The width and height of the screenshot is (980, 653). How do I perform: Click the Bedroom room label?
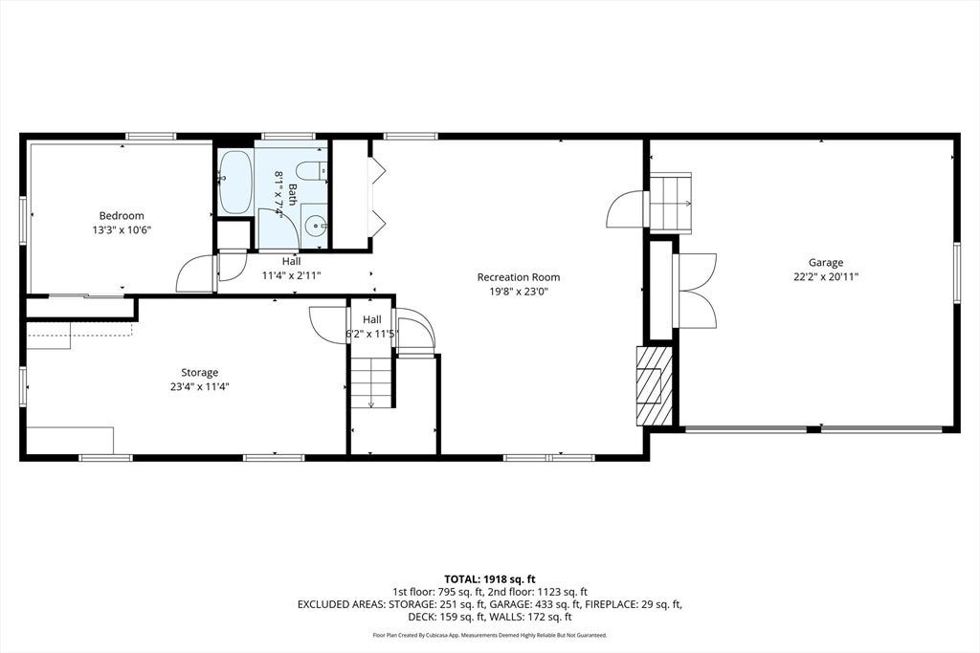point(122,216)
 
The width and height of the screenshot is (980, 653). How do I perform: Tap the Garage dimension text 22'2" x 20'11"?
point(826,276)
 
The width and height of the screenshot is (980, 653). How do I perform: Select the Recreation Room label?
point(519,277)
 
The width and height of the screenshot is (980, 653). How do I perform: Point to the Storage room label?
point(200,373)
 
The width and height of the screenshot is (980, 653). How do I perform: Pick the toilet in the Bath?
point(311,170)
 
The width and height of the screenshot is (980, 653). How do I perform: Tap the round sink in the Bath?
point(318,223)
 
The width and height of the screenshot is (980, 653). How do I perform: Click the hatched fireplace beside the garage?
point(655,386)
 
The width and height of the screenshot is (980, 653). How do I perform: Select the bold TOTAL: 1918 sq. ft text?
point(490,579)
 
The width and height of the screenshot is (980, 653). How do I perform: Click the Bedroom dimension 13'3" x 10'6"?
point(122,229)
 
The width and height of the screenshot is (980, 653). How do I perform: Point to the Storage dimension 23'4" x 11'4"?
point(200,386)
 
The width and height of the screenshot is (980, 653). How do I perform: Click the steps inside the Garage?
point(671,203)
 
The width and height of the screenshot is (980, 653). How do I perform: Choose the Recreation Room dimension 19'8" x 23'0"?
point(519,291)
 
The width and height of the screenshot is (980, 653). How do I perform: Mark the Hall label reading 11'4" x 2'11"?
point(291,274)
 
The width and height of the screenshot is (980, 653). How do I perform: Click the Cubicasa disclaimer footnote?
point(490,635)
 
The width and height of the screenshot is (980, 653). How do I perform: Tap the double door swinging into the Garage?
point(696,291)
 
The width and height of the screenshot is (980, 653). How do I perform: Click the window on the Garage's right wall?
point(956,272)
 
